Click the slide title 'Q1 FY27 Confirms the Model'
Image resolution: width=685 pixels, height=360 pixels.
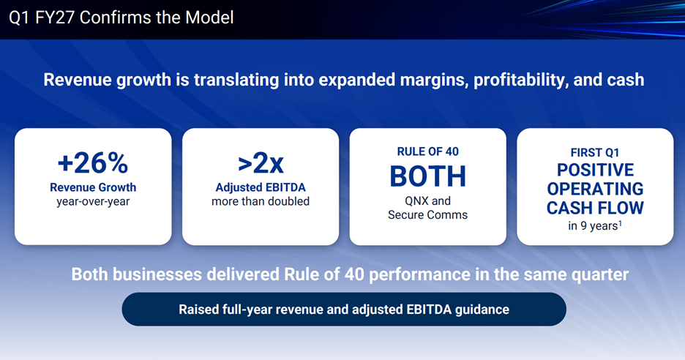pyautogui.click(x=121, y=18)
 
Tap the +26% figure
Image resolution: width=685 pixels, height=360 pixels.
pyautogui.click(x=93, y=163)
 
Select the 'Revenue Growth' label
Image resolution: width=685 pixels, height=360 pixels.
pyautogui.click(x=93, y=187)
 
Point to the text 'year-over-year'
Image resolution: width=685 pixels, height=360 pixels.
pyautogui.click(x=93, y=202)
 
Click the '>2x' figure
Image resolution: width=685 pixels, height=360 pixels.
pyautogui.click(x=261, y=163)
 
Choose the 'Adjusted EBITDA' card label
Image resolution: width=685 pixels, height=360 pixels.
pyautogui.click(x=261, y=187)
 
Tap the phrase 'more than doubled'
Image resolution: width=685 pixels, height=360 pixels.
pyautogui.click(x=261, y=201)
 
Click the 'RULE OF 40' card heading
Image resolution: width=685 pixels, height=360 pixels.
pyautogui.click(x=427, y=151)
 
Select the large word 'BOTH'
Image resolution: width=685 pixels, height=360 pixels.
pyautogui.click(x=427, y=176)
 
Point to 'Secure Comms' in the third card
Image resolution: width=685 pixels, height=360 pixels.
pyautogui.click(x=427, y=215)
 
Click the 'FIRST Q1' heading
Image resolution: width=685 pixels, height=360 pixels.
pyautogui.click(x=595, y=152)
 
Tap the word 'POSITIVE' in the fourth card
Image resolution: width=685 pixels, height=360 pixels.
pyautogui.click(x=595, y=170)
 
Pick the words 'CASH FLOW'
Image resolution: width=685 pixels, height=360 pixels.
pyautogui.click(x=595, y=208)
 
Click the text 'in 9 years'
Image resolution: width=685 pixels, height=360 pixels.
pyautogui.click(x=593, y=226)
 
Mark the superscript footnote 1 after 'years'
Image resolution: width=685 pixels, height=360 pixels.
pyautogui.click(x=621, y=224)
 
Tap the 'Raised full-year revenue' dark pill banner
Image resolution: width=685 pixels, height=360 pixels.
pyautogui.click(x=344, y=310)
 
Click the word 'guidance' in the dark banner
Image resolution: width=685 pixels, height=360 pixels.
pyautogui.click(x=482, y=310)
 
